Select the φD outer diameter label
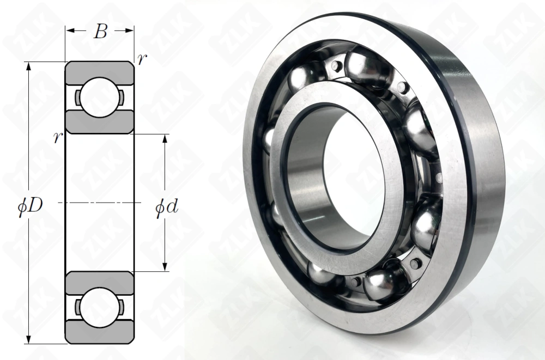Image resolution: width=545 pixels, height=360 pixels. coord(31,206)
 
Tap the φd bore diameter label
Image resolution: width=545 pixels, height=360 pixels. coord(167,207)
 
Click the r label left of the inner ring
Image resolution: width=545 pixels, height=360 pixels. coord(58,138)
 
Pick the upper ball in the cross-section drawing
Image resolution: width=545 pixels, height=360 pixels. coord(99,97)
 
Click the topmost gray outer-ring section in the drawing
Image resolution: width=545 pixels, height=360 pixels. coord(99,72)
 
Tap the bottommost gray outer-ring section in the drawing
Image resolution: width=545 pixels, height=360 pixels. coord(99,332)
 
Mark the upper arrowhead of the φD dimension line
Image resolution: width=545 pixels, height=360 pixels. coord(29,67)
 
